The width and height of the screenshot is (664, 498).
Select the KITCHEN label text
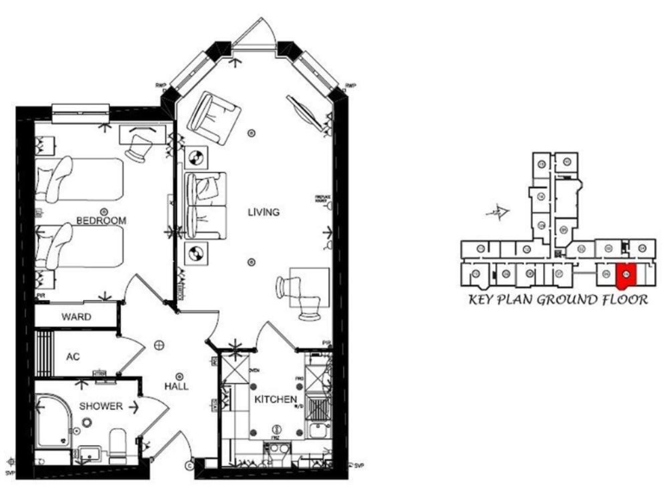click(276, 399)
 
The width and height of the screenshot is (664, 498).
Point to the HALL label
click(177, 387)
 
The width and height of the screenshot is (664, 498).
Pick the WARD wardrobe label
click(76, 317)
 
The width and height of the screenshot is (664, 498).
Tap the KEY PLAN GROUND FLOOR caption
click(558, 301)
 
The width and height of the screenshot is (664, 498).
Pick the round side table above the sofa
click(196, 157)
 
